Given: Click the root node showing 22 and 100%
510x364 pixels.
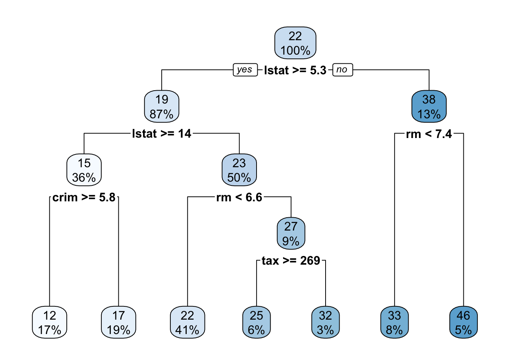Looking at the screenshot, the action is click(x=295, y=43).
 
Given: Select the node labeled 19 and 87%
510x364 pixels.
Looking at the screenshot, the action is click(x=162, y=107).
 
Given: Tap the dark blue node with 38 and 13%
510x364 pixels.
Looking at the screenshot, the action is click(x=429, y=107).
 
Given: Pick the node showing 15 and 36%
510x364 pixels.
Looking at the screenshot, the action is click(x=84, y=170).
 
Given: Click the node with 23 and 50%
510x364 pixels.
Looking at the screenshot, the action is click(x=239, y=170).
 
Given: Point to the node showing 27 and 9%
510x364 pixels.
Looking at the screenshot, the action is click(x=291, y=234).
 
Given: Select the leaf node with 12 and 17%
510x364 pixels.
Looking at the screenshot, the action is click(x=49, y=322).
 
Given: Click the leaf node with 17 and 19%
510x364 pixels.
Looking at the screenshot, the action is click(x=118, y=322).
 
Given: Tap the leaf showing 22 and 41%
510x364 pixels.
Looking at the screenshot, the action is click(x=187, y=322).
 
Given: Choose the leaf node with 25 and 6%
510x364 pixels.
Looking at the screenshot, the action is click(x=257, y=322).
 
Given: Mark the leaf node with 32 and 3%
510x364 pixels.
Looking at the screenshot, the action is click(x=325, y=322).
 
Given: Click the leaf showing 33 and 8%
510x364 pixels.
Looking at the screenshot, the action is click(x=394, y=322).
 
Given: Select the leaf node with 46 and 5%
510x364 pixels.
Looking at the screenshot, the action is click(x=463, y=322).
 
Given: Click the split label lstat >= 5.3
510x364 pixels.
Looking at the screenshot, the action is click(x=295, y=70).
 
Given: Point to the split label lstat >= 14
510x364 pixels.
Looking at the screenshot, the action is click(x=162, y=134).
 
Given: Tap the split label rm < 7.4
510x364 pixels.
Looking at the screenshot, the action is click(x=429, y=134).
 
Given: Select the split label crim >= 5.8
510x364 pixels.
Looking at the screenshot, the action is click(x=84, y=197).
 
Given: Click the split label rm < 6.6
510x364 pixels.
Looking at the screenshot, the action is click(x=239, y=197).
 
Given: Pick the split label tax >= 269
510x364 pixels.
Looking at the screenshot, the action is click(x=291, y=261).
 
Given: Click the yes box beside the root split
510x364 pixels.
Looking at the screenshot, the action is click(x=245, y=70).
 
